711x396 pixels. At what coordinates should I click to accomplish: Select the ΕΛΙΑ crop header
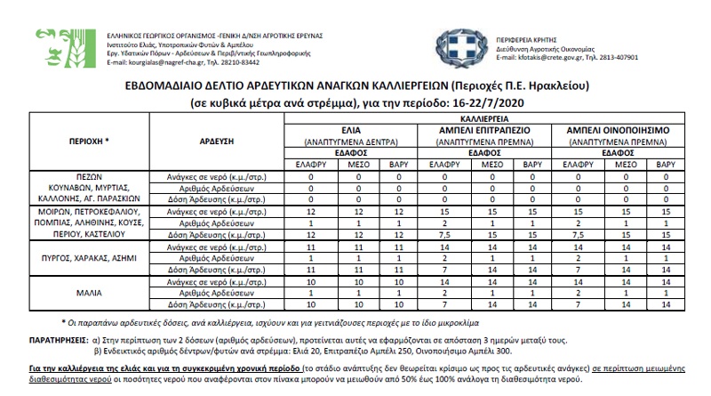(343, 129)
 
